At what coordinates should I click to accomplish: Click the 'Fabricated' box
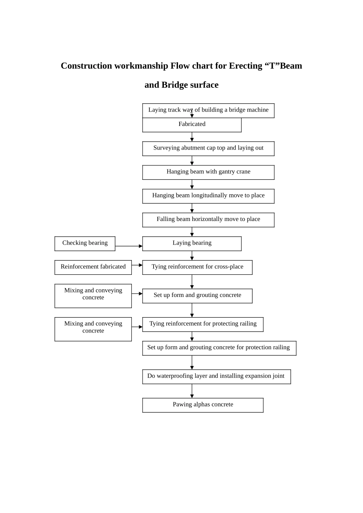point(192,124)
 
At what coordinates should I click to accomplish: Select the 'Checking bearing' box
point(85,243)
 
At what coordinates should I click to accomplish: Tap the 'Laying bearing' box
point(192,243)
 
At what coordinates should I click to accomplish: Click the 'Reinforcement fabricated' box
point(93,267)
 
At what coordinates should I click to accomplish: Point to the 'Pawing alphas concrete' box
point(203,405)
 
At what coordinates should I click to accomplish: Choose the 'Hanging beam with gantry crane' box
point(208,172)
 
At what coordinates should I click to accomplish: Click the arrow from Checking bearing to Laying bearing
point(128,246)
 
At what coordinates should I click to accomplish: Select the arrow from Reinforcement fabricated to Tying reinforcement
point(137,265)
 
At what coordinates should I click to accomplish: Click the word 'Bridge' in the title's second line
point(174,85)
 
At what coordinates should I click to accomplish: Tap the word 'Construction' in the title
point(86,66)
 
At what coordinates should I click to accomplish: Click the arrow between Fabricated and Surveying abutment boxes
point(192,137)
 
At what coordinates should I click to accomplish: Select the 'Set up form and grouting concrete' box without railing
point(197,295)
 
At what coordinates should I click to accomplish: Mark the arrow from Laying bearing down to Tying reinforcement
point(192,255)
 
